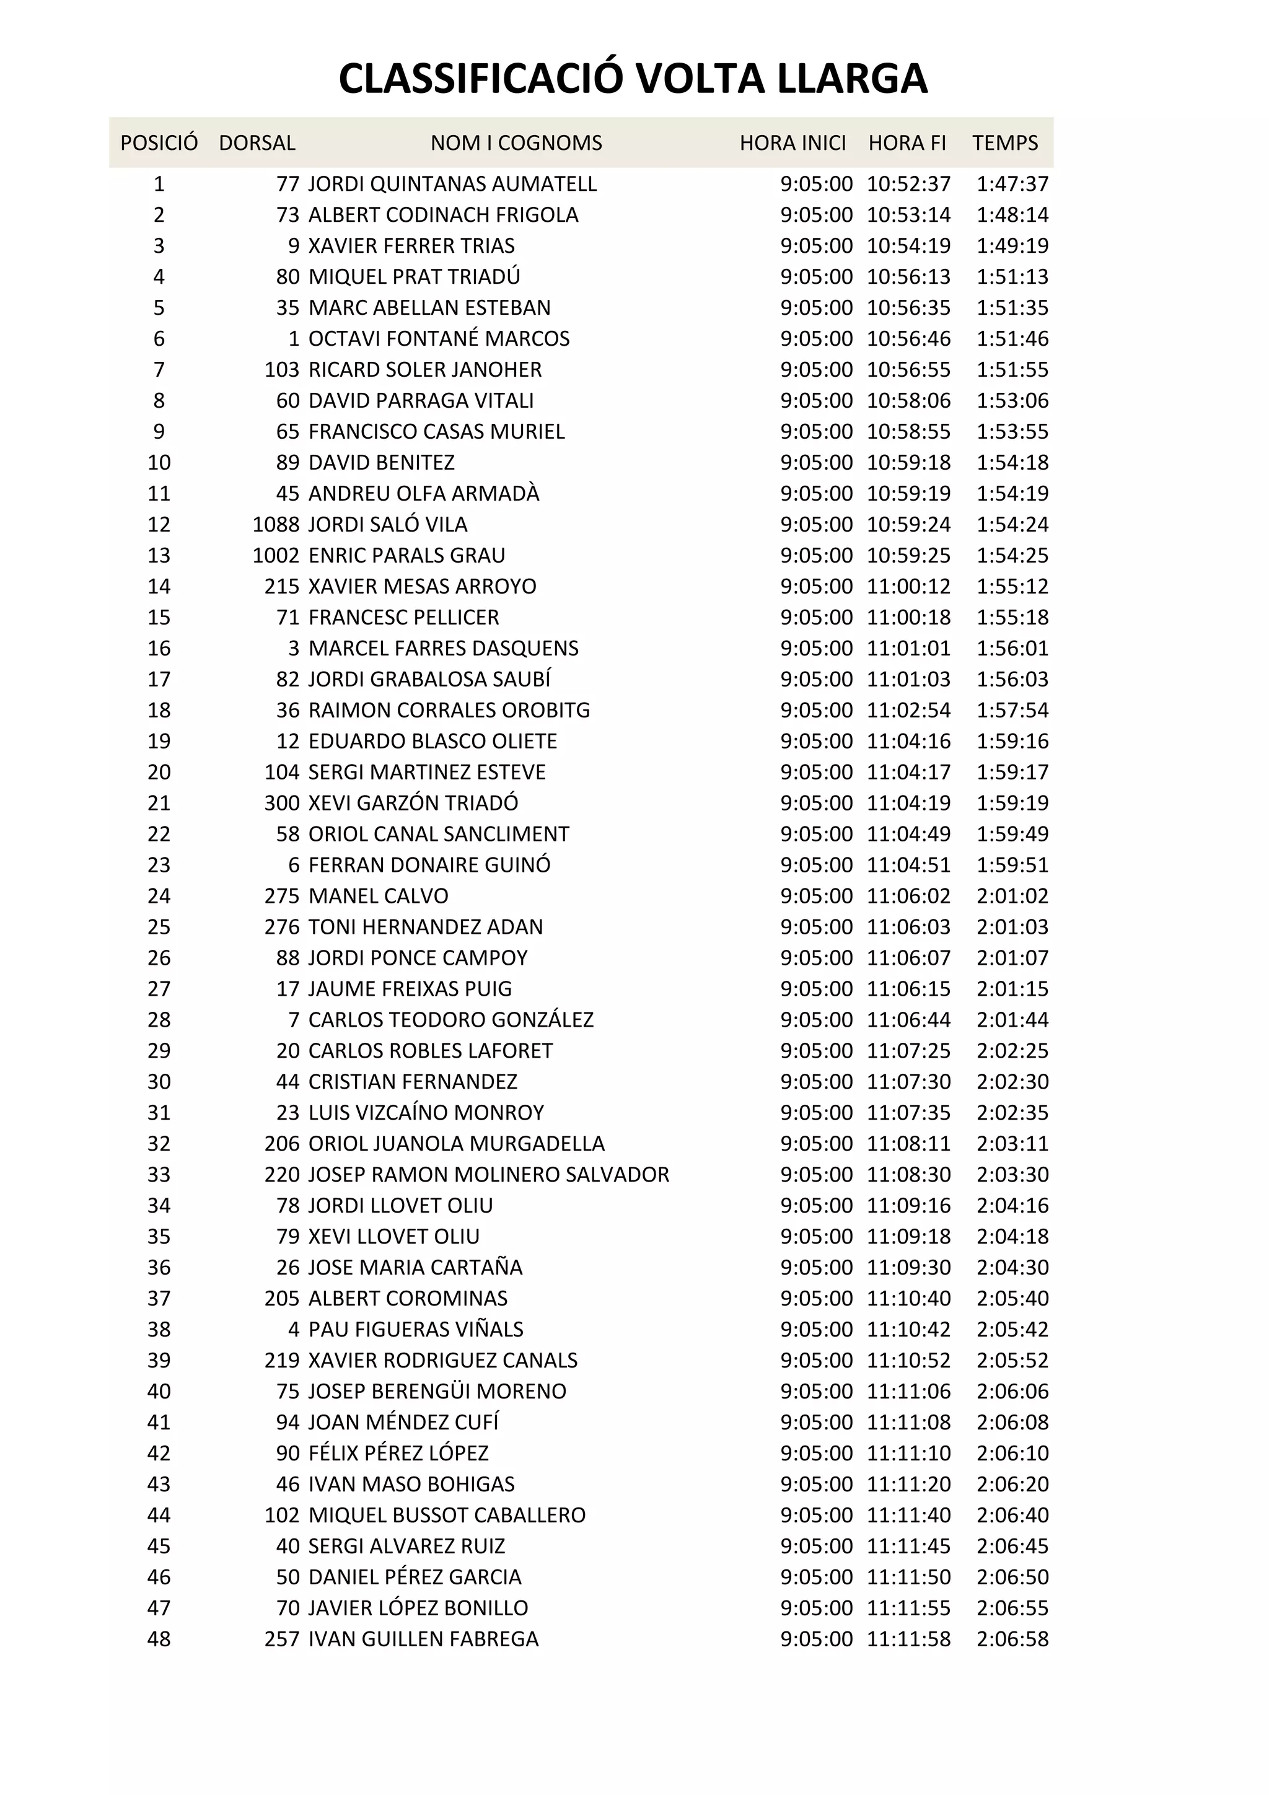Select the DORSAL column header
click(x=257, y=143)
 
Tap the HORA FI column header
click(x=907, y=143)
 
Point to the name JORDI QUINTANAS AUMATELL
click(x=452, y=185)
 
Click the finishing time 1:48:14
click(x=1012, y=215)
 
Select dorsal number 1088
click(x=276, y=525)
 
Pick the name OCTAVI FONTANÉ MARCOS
click(x=439, y=338)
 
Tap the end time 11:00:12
click(x=908, y=586)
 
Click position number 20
click(x=159, y=773)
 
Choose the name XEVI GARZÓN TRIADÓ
click(x=413, y=803)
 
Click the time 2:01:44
click(x=1012, y=1020)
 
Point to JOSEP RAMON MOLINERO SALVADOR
click(x=489, y=1175)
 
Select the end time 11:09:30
click(x=908, y=1267)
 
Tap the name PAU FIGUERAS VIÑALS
click(x=415, y=1329)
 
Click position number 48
click(x=159, y=1639)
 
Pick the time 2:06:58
click(x=1012, y=1639)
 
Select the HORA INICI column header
click(x=793, y=143)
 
